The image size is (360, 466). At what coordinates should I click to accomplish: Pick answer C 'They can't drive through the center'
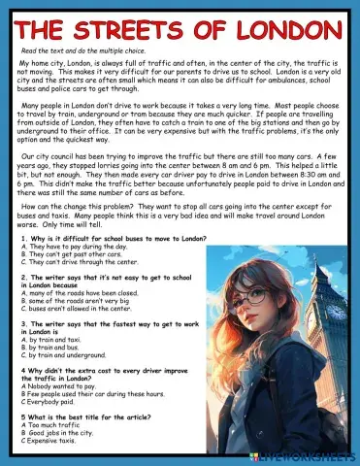pyautogui.click(x=77, y=262)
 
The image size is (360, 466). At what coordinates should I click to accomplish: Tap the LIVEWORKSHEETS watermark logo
pyautogui.click(x=314, y=456)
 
